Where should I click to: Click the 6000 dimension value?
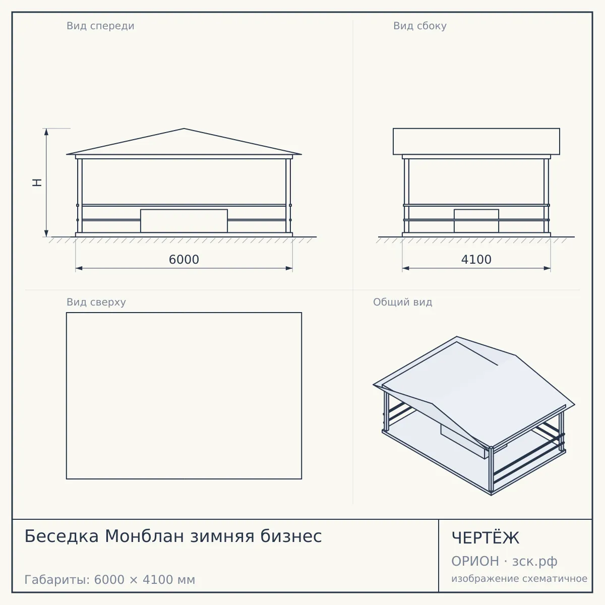(x=184, y=260)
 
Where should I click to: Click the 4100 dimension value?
(x=476, y=260)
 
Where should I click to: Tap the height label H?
(x=37, y=183)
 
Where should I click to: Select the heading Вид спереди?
(x=100, y=26)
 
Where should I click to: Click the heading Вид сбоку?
(x=420, y=26)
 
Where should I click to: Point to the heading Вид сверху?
(x=96, y=302)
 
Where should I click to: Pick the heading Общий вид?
(x=402, y=302)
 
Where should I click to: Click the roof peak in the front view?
(x=184, y=129)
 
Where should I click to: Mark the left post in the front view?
(x=80, y=196)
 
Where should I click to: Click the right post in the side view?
(x=547, y=196)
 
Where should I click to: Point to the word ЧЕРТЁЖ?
(x=486, y=538)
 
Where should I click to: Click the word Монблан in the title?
(x=144, y=536)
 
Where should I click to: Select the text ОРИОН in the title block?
(x=475, y=561)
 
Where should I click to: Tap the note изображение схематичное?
(x=519, y=579)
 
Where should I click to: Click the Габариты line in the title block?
(x=109, y=580)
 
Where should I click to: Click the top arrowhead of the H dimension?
(x=46, y=132)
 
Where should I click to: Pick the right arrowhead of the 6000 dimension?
(x=289, y=268)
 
